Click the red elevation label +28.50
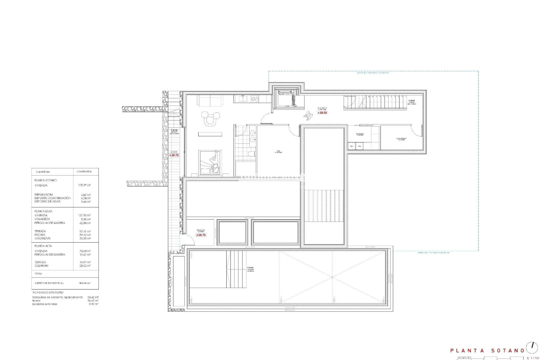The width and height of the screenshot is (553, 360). pos(322,113)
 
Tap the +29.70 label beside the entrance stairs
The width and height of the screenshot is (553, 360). pos(174,155)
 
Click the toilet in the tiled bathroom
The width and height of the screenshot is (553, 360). pos(251,155)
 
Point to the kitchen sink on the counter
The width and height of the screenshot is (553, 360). pos(243,98)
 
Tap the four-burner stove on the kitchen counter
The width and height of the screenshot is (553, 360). pos(254,98)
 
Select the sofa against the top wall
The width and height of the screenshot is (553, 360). pos(210,101)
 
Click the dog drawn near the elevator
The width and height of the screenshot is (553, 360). pos(309,113)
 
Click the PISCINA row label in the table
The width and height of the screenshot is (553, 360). pos(41,235)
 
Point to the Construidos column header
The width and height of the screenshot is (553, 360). pos(85,171)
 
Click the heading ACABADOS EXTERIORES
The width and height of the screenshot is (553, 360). pos(48,292)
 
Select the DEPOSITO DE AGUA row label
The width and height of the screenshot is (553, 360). pos(48,201)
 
